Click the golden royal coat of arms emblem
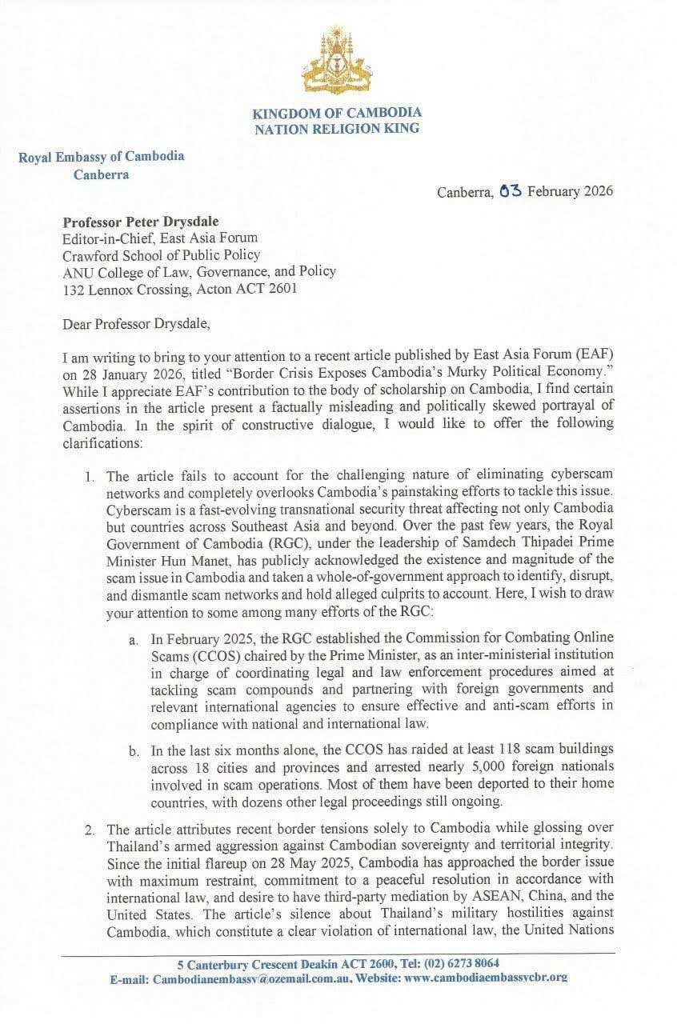(x=337, y=63)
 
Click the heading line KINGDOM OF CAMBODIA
(x=337, y=113)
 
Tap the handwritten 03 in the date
(x=509, y=190)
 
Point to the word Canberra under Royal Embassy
(x=101, y=174)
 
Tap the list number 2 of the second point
(x=90, y=824)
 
